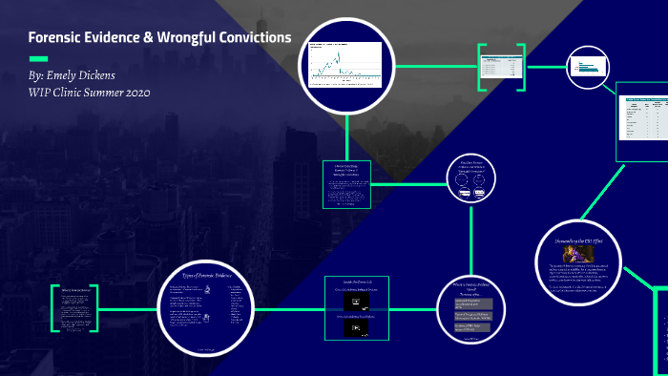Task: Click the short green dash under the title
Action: pos(39,57)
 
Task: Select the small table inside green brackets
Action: pos(502,67)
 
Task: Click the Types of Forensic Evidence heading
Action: pos(206,275)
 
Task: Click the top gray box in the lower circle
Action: pos(479,303)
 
